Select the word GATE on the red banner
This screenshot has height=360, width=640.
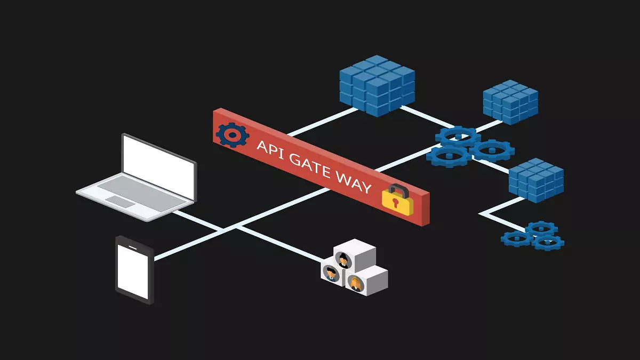point(310,165)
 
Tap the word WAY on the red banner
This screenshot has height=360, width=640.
point(354,182)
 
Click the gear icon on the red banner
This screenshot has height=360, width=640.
point(233,135)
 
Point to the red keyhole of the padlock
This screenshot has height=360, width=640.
point(395,202)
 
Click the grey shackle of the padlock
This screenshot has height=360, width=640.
point(399,190)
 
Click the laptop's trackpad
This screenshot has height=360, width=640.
point(121,202)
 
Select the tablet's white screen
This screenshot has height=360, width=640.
point(133,271)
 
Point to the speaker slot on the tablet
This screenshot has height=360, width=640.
point(133,247)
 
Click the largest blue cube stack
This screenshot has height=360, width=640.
point(377,86)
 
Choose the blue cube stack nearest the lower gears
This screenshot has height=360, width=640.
point(537,180)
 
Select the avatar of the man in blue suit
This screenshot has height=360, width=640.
point(331,274)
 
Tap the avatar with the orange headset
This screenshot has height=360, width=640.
point(355,283)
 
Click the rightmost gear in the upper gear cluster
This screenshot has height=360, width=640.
point(492,150)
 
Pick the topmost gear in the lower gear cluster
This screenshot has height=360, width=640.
point(541,229)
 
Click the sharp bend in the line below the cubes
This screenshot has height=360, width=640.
point(480,213)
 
